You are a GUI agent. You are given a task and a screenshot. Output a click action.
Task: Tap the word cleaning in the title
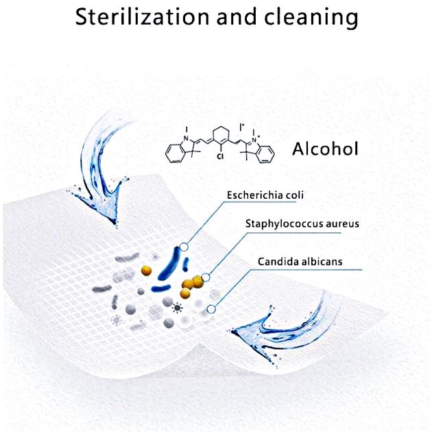(x=311, y=19)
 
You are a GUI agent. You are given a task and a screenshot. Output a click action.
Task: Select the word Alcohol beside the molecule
(x=325, y=149)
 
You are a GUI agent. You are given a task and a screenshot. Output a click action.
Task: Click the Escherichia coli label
(x=265, y=195)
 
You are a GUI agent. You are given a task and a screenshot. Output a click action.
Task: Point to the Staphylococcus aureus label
(x=302, y=224)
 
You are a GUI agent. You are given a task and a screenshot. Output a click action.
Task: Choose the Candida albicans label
(x=300, y=261)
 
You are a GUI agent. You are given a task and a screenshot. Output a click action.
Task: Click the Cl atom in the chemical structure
(x=220, y=156)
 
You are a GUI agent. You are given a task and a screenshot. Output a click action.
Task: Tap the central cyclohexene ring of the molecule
(x=221, y=135)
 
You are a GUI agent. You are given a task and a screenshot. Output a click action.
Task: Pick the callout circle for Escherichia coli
(x=184, y=247)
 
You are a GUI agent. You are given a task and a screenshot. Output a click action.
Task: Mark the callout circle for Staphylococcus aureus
(x=206, y=277)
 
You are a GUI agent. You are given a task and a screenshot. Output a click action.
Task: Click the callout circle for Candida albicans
(x=211, y=309)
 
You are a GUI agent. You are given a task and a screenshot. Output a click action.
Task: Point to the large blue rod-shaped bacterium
(x=169, y=264)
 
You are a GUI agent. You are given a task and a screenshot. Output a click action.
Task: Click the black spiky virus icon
(x=177, y=307)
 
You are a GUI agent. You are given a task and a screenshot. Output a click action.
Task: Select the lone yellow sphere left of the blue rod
(x=146, y=271)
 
